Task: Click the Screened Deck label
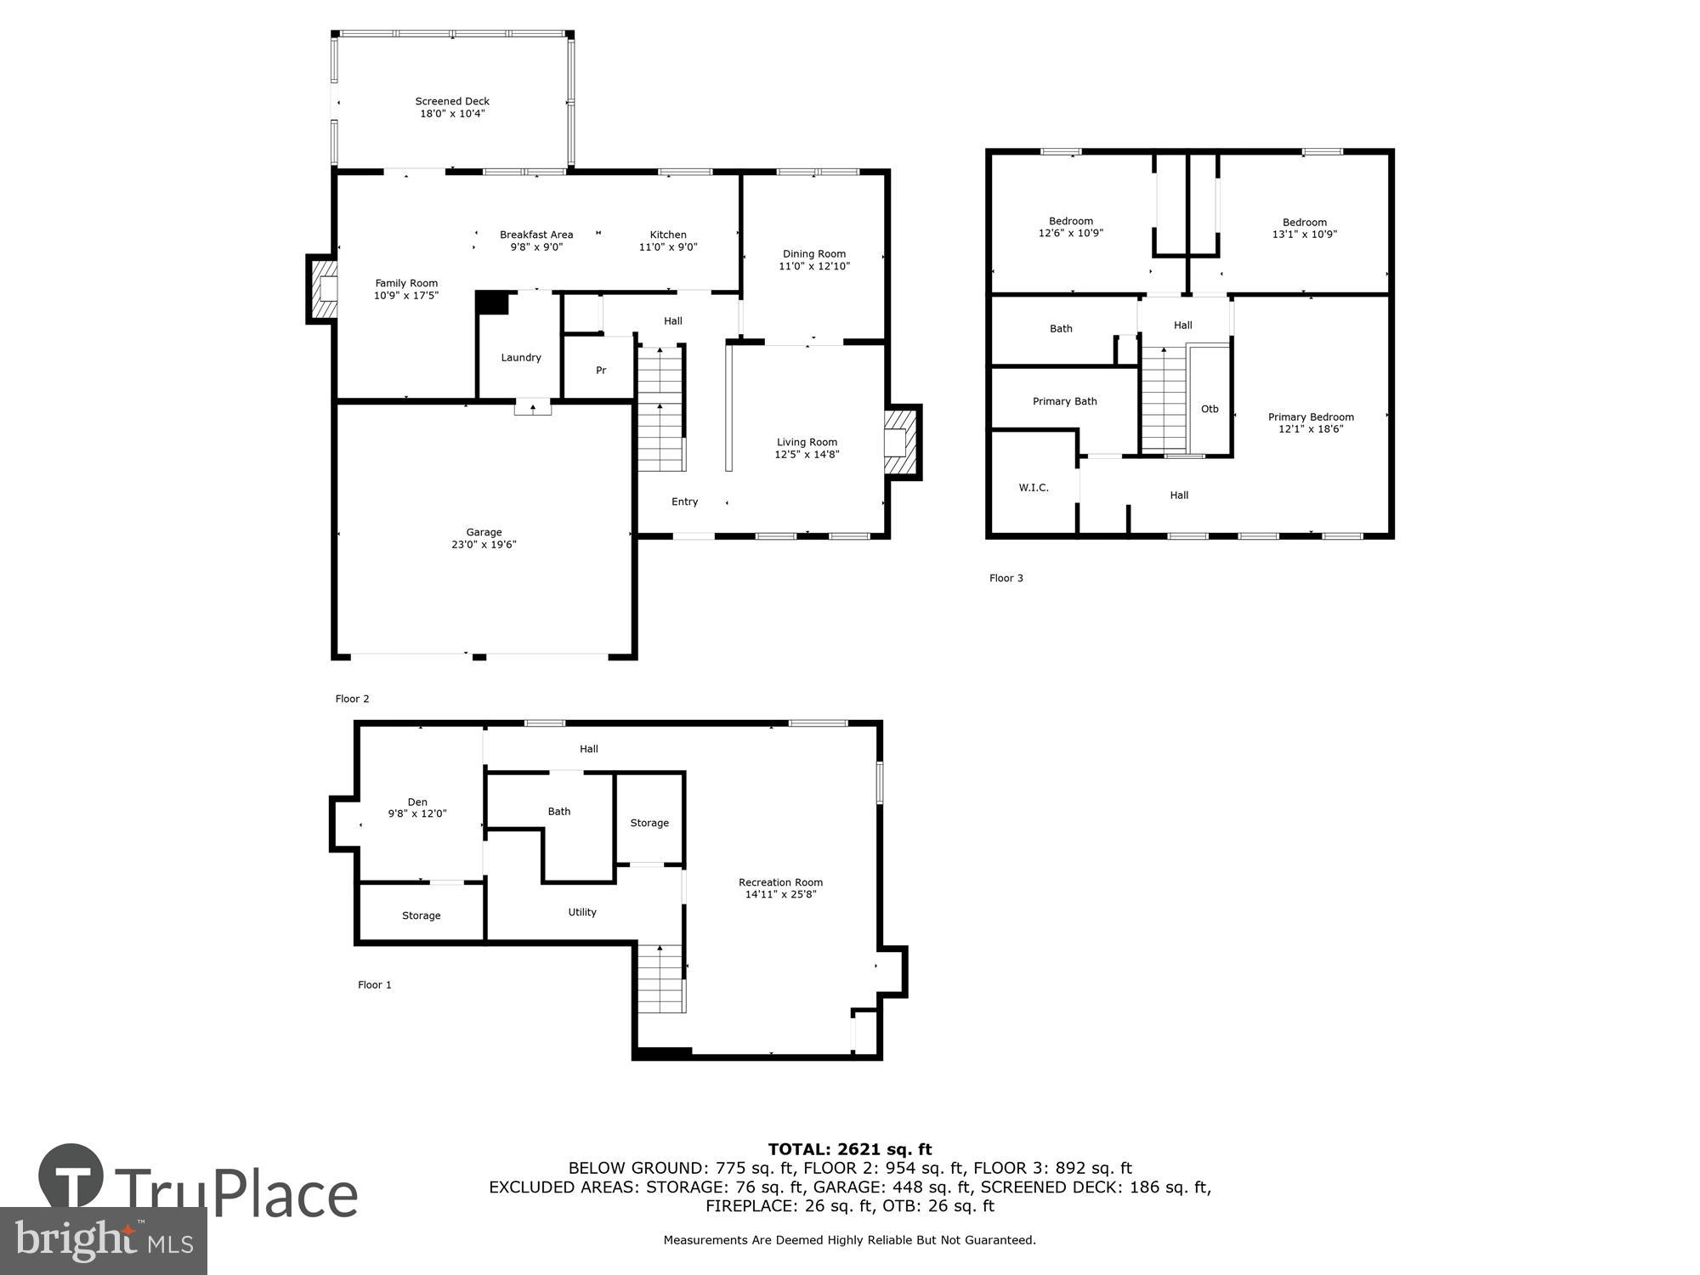point(452,101)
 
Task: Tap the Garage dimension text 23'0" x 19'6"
point(484,545)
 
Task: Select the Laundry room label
point(521,358)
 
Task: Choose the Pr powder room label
point(601,371)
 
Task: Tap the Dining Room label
point(814,254)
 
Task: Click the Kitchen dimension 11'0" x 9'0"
point(668,247)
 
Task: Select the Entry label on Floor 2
point(684,502)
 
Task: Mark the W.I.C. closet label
point(1034,488)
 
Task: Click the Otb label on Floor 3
point(1210,410)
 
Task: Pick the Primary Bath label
point(1064,401)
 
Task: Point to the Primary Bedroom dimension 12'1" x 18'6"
point(1311,429)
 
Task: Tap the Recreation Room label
point(780,882)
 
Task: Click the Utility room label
point(582,912)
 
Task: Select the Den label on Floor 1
point(417,802)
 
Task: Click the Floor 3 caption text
point(1006,578)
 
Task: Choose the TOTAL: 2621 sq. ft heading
point(850,1149)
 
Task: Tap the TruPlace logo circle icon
point(71,1176)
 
